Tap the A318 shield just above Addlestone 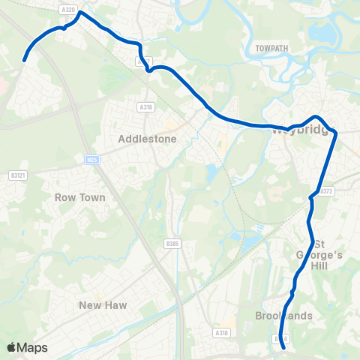click(x=145, y=108)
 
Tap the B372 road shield click(x=325, y=191)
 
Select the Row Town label click(x=80, y=197)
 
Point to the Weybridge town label click(x=298, y=131)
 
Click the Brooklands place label click(x=283, y=316)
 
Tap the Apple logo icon click(x=12, y=347)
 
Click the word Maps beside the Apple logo click(x=33, y=347)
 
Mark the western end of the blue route click(x=25, y=60)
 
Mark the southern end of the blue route click(x=283, y=346)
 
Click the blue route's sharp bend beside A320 click(x=80, y=13)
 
